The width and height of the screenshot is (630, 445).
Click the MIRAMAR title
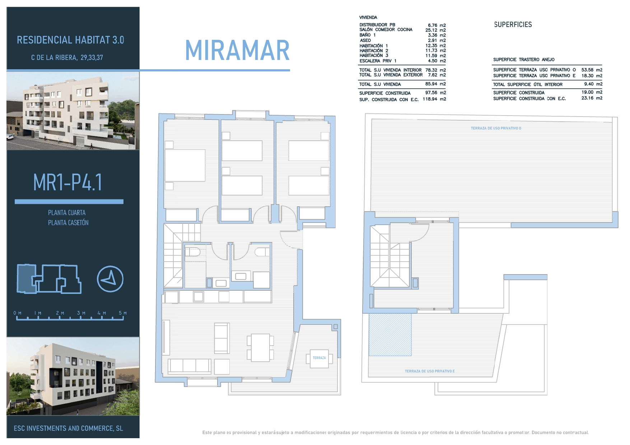(237, 50)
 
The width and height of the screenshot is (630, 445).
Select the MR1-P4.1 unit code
(68, 182)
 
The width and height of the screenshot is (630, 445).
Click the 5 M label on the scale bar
(123, 313)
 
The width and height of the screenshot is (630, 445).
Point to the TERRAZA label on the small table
(319, 358)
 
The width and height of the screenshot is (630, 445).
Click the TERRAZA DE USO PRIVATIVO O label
(496, 128)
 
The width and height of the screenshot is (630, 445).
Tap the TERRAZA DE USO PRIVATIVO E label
(430, 371)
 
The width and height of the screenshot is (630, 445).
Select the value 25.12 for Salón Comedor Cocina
(431, 30)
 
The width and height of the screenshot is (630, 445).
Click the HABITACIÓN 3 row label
(374, 56)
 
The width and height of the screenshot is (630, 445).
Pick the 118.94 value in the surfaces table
(430, 99)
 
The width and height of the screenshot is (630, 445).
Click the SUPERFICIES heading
(513, 24)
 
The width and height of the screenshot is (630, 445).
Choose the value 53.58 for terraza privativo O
(587, 70)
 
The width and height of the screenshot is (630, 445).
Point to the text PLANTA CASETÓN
(68, 222)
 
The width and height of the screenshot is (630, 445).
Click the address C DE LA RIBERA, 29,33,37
(67, 57)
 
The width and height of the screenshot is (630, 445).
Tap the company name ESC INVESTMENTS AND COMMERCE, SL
(68, 428)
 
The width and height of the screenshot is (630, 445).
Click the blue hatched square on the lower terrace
(390, 334)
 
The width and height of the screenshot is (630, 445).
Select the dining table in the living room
(260, 348)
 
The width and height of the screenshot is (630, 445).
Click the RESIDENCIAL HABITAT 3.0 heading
(70, 40)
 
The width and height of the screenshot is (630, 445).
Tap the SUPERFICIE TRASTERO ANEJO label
(524, 60)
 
